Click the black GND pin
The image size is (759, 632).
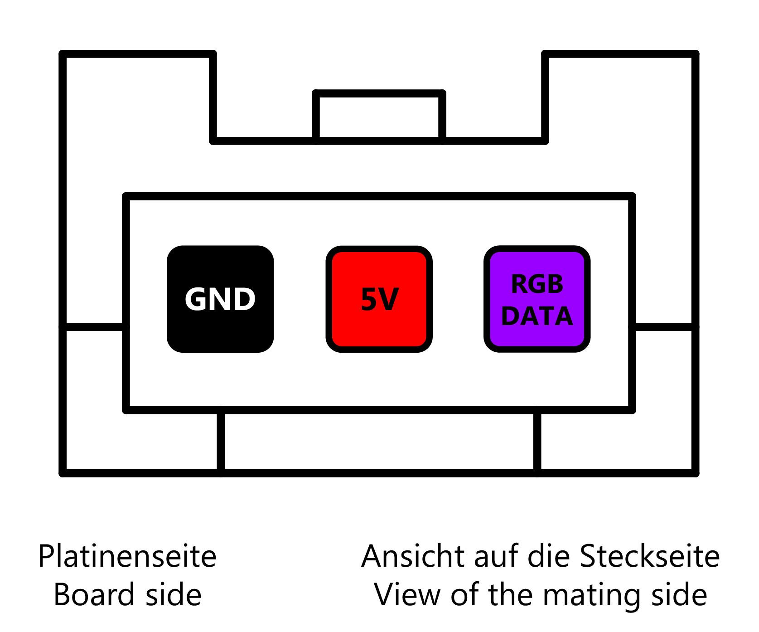coord(220,299)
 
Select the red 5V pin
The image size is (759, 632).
coord(379,299)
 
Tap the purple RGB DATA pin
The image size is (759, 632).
coord(537,299)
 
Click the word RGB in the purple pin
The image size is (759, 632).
coord(537,284)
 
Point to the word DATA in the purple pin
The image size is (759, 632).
coord(537,316)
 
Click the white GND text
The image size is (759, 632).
coord(220,299)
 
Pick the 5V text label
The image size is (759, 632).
coord(379,300)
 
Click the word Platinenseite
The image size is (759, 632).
coord(127,557)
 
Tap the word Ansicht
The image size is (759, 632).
coord(414,557)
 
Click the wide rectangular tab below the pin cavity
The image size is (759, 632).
coord(379,442)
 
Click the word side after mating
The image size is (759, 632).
coord(679,595)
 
